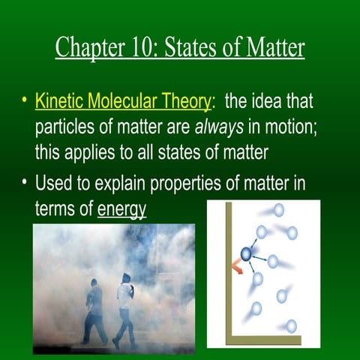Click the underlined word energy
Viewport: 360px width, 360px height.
tap(121, 208)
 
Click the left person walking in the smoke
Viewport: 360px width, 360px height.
tap(94, 310)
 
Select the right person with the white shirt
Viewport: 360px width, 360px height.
tap(125, 307)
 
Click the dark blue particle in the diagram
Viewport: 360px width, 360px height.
tap(245, 254)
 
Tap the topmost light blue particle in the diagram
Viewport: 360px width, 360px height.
tap(278, 210)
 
